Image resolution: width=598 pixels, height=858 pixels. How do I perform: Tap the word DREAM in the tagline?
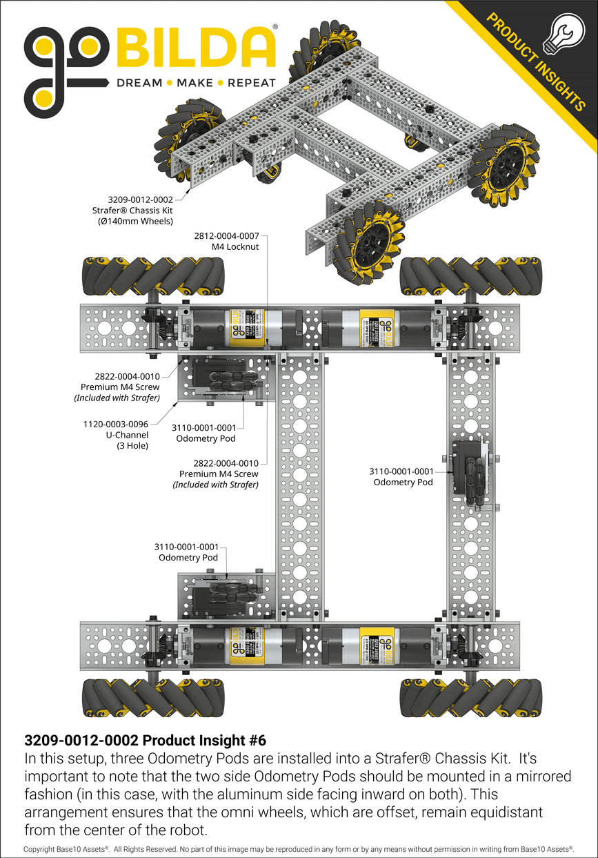click(x=139, y=83)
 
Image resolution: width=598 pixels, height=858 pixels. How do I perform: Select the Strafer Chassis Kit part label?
click(x=134, y=211)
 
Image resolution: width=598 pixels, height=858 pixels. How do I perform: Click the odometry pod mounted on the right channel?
click(x=471, y=467)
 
